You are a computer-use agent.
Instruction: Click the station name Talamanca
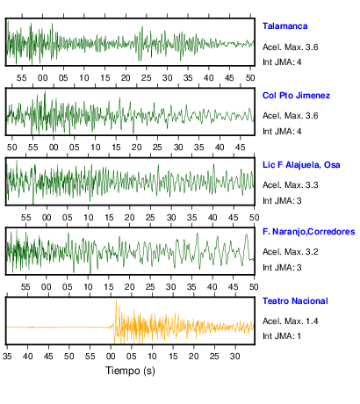(284, 26)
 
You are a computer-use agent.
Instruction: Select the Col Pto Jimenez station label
(296, 96)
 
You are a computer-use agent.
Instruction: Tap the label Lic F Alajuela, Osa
(301, 165)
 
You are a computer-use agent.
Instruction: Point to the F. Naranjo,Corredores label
(309, 232)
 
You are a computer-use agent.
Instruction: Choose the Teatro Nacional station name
(295, 301)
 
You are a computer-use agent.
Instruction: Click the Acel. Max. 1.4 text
(290, 321)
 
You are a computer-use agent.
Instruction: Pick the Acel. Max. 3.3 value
(290, 185)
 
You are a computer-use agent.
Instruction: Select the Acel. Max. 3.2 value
(290, 252)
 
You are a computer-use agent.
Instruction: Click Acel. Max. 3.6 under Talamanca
(290, 47)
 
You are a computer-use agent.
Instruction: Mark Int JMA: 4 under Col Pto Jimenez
(282, 132)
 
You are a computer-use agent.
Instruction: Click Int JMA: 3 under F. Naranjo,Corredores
(282, 268)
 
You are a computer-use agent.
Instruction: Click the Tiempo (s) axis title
(130, 371)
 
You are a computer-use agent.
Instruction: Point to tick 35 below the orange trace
(7, 357)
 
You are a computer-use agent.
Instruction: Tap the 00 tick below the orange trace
(111, 357)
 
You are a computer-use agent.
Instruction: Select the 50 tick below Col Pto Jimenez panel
(11, 148)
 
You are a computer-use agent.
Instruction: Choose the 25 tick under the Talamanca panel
(147, 78)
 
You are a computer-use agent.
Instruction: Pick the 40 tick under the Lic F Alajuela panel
(212, 218)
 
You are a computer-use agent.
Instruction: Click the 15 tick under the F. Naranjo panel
(109, 287)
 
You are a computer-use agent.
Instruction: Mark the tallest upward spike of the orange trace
(116, 300)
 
